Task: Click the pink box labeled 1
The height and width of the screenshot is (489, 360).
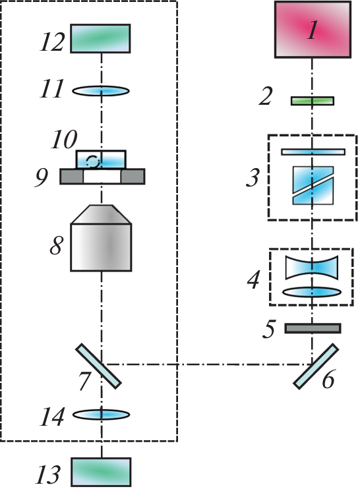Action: [313, 30]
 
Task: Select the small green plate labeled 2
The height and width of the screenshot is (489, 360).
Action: [313, 101]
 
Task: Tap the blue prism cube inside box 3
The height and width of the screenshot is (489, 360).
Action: [313, 185]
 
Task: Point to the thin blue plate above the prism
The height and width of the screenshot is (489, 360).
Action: [313, 152]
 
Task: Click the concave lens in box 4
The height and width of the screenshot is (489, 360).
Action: [312, 268]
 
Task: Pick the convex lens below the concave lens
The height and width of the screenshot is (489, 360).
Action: [312, 292]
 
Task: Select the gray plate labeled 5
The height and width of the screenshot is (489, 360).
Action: [313, 328]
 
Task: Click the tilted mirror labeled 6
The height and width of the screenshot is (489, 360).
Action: [316, 366]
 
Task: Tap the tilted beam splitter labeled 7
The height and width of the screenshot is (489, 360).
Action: [99, 366]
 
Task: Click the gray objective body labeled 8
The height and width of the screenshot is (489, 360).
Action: [101, 238]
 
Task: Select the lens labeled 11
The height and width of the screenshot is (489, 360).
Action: [101, 91]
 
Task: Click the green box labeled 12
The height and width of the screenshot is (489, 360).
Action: [100, 38]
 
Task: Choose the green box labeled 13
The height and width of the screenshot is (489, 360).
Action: [101, 472]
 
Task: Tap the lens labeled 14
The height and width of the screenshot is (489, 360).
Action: [101, 415]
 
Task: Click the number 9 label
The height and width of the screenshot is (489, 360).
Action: [42, 178]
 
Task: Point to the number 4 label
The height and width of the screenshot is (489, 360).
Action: [253, 279]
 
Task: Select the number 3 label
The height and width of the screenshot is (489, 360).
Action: [253, 177]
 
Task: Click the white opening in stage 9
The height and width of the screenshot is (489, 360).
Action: [102, 177]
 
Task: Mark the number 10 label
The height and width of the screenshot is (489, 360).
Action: [64, 140]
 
